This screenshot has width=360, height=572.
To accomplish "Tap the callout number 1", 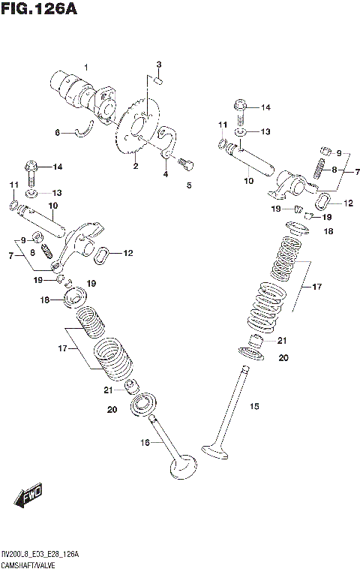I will pos(85,68).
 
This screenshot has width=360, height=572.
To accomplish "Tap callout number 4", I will pos(164,174).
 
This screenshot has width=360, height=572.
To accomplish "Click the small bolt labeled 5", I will pos(186,162).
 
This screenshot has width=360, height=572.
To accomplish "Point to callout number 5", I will pos(189,185).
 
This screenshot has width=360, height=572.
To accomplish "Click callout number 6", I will pos(56,133).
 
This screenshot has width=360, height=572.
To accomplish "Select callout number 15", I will pos(254,406).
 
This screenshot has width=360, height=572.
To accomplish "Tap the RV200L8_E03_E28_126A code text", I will pos(41,553).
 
